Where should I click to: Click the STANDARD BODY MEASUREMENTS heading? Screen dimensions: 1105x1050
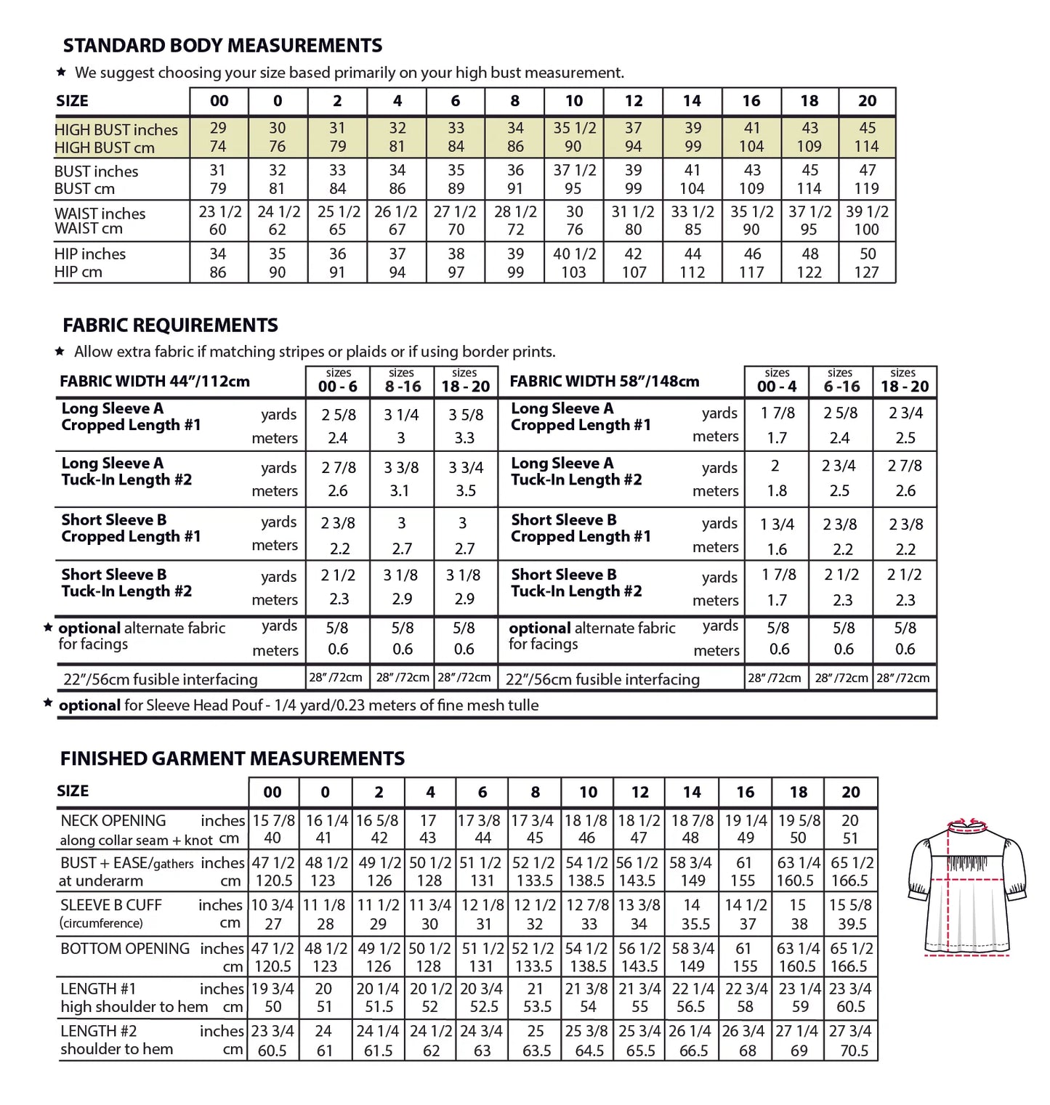pyautogui.click(x=222, y=46)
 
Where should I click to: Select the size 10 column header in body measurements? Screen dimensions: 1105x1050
pyautogui.click(x=573, y=101)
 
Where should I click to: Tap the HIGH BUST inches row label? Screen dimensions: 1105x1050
pyautogui.click(x=116, y=130)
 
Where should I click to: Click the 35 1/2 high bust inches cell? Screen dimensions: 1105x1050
pyautogui.click(x=574, y=128)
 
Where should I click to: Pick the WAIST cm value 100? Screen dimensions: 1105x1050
pyautogui.click(x=866, y=230)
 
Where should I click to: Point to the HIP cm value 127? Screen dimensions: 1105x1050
pyautogui.click(x=866, y=272)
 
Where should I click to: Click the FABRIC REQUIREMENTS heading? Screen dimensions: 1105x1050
pyautogui.click(x=170, y=325)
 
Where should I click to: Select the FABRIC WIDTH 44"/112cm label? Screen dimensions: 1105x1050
pyautogui.click(x=155, y=381)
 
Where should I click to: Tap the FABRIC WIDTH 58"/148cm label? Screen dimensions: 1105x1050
pyautogui.click(x=605, y=381)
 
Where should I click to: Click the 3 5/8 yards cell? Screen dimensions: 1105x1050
pyautogui.click(x=465, y=415)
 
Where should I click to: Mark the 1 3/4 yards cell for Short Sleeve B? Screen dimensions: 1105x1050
pyautogui.click(x=777, y=524)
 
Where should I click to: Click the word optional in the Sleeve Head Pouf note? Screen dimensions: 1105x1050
pyautogui.click(x=89, y=705)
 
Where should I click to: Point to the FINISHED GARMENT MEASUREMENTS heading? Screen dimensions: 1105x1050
pyautogui.click(x=233, y=758)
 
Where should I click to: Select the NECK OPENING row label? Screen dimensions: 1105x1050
pyautogui.click(x=113, y=821)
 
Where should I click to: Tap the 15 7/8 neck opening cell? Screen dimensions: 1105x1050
pyautogui.click(x=273, y=820)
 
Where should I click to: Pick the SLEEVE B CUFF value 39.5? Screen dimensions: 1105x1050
pyautogui.click(x=852, y=924)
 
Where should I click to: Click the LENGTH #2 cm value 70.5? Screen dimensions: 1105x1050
pyautogui.click(x=854, y=1051)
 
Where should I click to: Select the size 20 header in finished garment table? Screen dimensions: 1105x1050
pyautogui.click(x=850, y=792)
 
